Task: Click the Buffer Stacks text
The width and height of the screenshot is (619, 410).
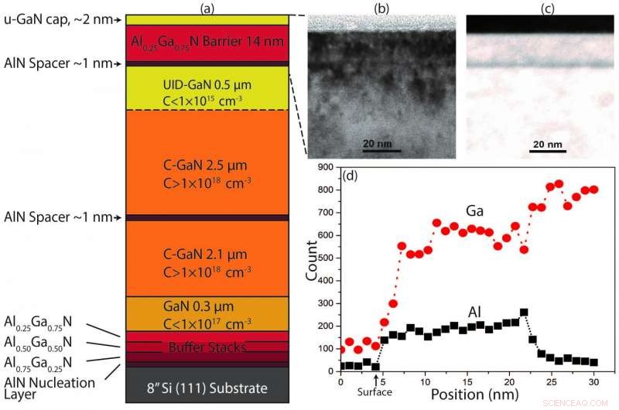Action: pyautogui.click(x=207, y=347)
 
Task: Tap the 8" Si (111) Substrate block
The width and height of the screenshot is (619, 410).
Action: pyautogui.click(x=207, y=387)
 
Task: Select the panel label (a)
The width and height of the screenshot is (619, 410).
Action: pyautogui.click(x=207, y=8)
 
